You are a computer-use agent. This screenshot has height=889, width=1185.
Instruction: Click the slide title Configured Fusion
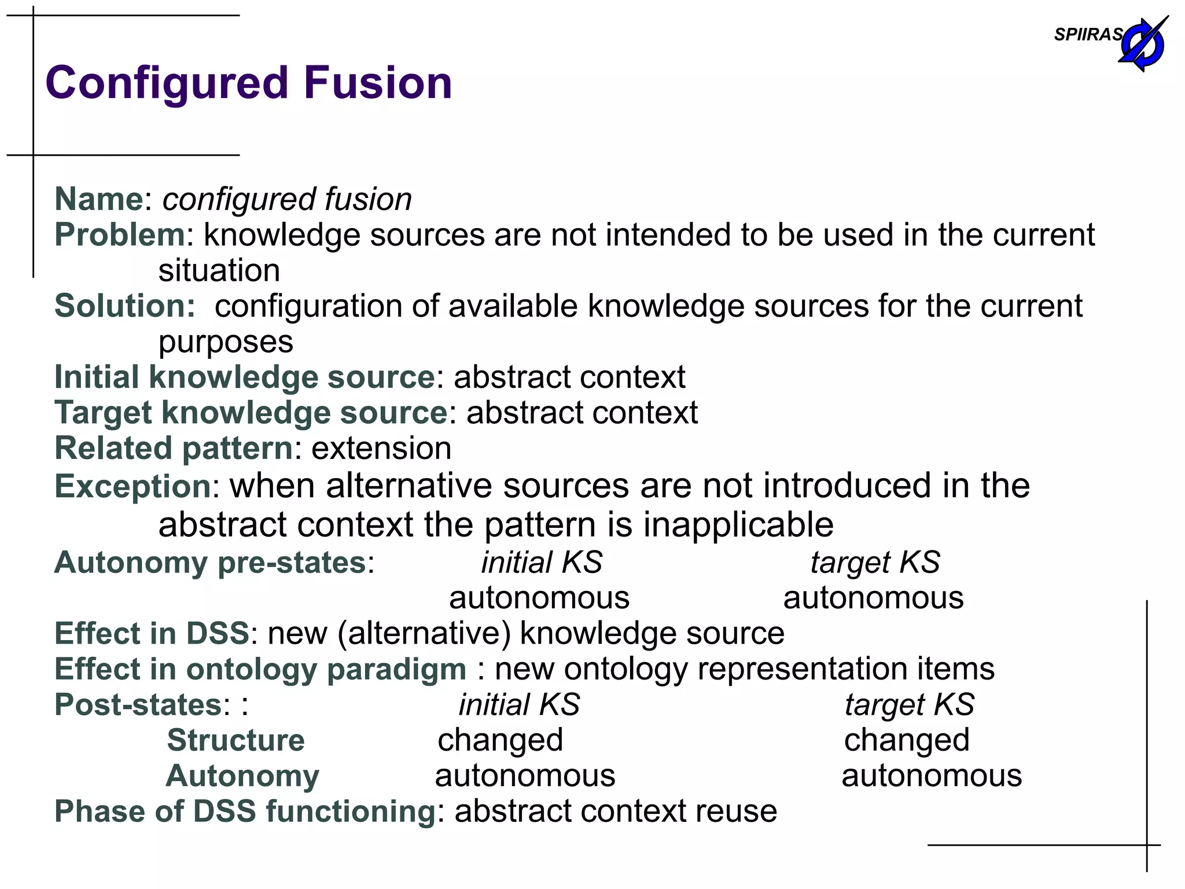click(249, 83)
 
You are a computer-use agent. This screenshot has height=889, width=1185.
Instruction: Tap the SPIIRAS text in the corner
click(1088, 35)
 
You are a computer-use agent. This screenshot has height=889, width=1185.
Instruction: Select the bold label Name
click(98, 199)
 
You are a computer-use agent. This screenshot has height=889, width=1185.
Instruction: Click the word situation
click(219, 271)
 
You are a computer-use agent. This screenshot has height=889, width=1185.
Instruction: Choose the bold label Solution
click(125, 306)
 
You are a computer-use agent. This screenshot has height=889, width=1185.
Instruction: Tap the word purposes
click(226, 342)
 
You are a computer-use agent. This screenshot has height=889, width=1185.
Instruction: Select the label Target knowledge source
click(251, 413)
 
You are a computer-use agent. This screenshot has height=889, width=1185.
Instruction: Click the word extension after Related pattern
click(381, 449)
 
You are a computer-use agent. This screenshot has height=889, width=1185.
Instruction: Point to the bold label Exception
click(133, 486)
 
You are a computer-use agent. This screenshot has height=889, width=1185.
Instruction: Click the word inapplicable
click(738, 525)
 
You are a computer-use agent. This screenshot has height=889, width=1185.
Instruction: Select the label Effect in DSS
click(152, 633)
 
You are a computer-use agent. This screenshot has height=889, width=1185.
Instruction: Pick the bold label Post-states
click(138, 705)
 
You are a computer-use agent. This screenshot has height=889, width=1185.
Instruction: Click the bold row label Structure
click(235, 740)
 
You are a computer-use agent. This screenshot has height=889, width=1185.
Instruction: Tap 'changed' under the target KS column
click(907, 740)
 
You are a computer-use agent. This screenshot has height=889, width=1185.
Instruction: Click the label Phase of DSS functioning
click(245, 811)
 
